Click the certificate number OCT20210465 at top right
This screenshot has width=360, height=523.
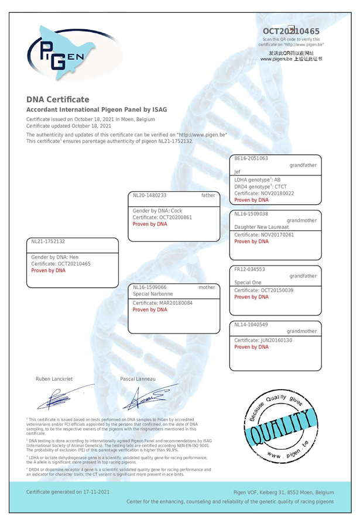pyautogui.click(x=290, y=31)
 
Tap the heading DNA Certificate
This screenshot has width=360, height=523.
pyautogui.click(x=58, y=99)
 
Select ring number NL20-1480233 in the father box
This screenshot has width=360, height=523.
pyautogui.click(x=150, y=195)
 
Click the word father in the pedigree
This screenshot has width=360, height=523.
pyautogui.click(x=208, y=195)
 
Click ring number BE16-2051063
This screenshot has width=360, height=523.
pyautogui.click(x=251, y=159)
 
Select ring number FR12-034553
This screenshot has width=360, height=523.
pyautogui.click(x=251, y=270)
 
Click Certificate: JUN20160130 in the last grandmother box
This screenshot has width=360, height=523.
pyautogui.click(x=263, y=340)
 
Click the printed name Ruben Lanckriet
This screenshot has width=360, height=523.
pyautogui.click(x=54, y=379)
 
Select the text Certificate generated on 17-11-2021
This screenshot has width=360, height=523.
pyautogui.click(x=68, y=492)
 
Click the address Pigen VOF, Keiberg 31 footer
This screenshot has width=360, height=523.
pyautogui.click(x=284, y=493)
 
